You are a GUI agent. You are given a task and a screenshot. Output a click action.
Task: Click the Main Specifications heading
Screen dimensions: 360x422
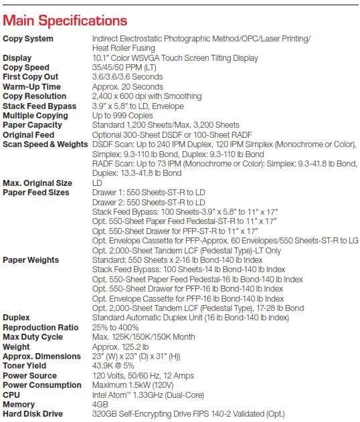tap(66, 21)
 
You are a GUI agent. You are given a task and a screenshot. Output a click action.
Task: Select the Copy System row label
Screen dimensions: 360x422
tap(28, 39)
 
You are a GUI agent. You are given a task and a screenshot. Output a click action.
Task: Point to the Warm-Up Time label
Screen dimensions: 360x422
tap(31, 87)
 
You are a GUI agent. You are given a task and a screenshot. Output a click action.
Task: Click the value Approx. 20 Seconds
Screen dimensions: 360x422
tap(127, 87)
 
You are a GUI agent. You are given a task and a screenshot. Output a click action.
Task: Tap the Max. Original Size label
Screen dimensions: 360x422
tap(37, 183)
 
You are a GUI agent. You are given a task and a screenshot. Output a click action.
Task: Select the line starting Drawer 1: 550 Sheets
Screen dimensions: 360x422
tap(149, 193)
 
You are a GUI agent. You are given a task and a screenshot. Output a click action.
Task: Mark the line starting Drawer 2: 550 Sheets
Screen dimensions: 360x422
tap(149, 202)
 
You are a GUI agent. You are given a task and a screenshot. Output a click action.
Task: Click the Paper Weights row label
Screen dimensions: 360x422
tap(31, 260)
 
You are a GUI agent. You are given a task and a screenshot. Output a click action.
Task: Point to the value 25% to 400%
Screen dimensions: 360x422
tap(116, 327)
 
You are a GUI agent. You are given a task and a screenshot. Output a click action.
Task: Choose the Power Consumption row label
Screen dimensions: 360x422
tap(42, 385)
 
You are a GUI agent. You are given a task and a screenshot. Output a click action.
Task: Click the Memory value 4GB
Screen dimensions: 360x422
tap(100, 405)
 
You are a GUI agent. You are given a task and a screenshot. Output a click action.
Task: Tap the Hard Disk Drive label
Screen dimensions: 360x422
tap(33, 414)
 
